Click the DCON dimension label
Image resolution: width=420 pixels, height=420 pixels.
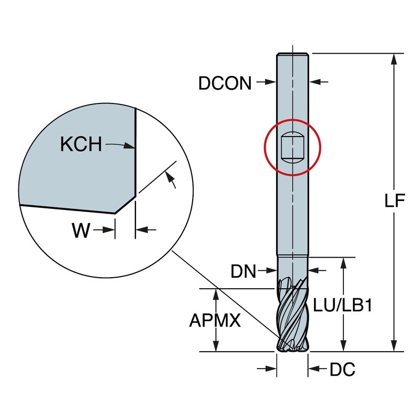pyautogui.click(x=225, y=83)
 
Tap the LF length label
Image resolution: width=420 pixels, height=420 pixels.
pyautogui.click(x=392, y=201)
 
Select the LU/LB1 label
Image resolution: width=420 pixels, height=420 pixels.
pyautogui.click(x=342, y=306)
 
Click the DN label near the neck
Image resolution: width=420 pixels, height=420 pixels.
pyautogui.click(x=243, y=271)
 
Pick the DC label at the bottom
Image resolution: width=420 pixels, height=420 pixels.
pyautogui.click(x=342, y=370)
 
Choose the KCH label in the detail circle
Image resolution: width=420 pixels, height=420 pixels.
pyautogui.click(x=81, y=144)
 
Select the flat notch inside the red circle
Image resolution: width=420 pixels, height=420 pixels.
pyautogui.click(x=292, y=147)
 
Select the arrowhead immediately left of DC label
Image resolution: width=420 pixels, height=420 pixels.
pyautogui.click(x=313, y=370)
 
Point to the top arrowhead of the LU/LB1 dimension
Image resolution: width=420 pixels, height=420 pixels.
pyautogui.click(x=344, y=262)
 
